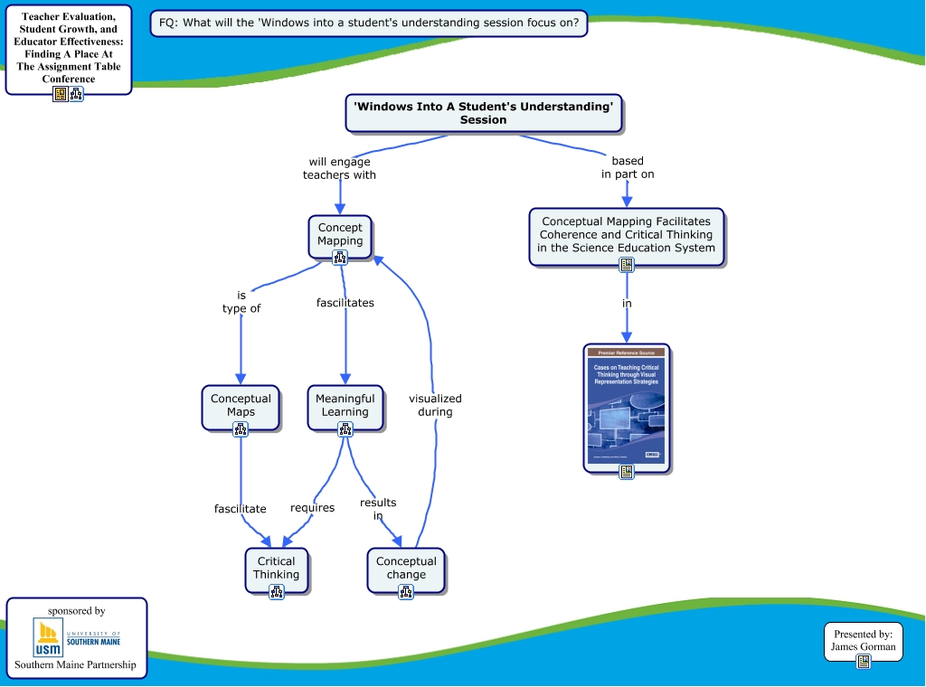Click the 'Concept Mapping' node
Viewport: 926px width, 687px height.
point(340,235)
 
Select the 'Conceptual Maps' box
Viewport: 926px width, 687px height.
point(241,406)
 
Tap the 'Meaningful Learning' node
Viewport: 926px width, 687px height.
point(345,406)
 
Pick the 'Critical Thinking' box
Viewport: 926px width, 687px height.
point(276,569)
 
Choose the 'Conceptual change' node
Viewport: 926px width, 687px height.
point(406,569)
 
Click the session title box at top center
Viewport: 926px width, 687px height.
point(484,113)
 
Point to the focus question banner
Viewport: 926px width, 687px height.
point(369,23)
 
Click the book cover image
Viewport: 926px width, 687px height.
point(627,406)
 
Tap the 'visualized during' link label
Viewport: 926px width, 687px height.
point(435,405)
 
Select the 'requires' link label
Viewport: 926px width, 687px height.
point(312,508)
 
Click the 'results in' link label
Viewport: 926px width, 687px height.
point(378,509)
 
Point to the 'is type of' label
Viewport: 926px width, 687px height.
point(241,302)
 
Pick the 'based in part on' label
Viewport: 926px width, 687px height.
point(628,167)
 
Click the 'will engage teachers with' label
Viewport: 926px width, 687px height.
point(339,168)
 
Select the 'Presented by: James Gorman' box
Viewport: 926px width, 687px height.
point(864,641)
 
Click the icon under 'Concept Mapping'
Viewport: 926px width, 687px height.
point(340,258)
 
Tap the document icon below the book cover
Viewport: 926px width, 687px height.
point(627,472)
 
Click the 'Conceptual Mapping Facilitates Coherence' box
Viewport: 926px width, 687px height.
point(627,234)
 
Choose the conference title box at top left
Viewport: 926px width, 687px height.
point(69,48)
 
